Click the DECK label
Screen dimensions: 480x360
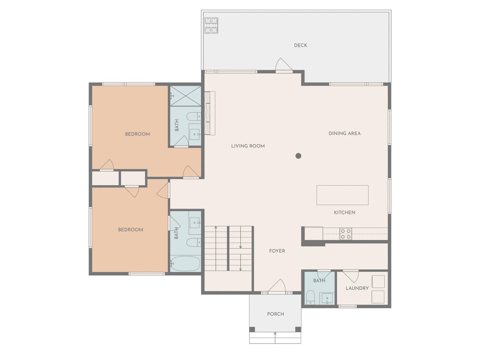click(300, 45)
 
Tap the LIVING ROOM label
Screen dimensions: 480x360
click(248, 146)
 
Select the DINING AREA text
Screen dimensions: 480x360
click(344, 133)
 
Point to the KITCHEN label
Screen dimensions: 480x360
click(344, 213)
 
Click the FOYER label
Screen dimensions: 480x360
click(277, 251)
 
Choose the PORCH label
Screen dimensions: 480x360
click(276, 314)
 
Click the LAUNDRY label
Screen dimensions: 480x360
click(357, 288)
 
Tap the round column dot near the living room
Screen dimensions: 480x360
click(298, 156)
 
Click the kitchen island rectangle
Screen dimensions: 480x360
click(342, 195)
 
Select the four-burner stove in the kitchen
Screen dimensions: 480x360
click(346, 234)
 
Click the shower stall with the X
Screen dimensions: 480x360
click(186, 96)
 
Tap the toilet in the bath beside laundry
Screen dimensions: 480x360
click(310, 297)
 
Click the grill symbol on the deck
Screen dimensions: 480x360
click(211, 25)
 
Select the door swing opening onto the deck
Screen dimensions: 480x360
click(284, 64)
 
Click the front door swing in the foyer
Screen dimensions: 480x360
click(277, 285)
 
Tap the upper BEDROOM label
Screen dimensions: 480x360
click(138, 134)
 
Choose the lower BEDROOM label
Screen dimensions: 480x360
click(130, 230)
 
